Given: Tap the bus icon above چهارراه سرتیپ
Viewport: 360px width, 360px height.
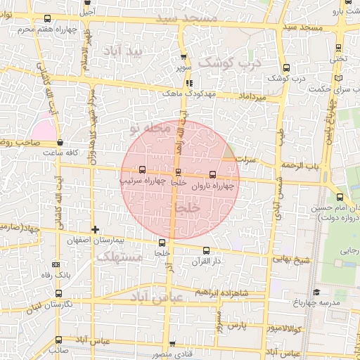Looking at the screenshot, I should [143, 169].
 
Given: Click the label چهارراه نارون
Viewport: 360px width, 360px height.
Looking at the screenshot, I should [211, 186].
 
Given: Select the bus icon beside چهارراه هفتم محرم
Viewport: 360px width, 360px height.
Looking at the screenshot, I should [46, 20].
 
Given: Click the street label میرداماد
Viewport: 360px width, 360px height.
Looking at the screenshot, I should [252, 95].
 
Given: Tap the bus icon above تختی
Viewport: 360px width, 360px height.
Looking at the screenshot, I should [340, 49].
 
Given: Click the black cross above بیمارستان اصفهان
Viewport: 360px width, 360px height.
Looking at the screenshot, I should [95, 230].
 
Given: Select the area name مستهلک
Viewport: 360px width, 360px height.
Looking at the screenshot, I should [120, 258].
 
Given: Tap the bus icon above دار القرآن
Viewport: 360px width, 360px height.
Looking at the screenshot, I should [206, 250].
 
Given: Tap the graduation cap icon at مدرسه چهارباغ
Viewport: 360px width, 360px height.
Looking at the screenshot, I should [316, 292].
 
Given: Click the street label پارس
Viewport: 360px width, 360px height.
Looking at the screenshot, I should [234, 326].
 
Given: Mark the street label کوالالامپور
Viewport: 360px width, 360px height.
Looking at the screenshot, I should [284, 328].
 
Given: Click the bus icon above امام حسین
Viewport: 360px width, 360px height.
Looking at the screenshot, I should [340, 198].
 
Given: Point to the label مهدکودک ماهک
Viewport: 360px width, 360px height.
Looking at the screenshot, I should [182, 93].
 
